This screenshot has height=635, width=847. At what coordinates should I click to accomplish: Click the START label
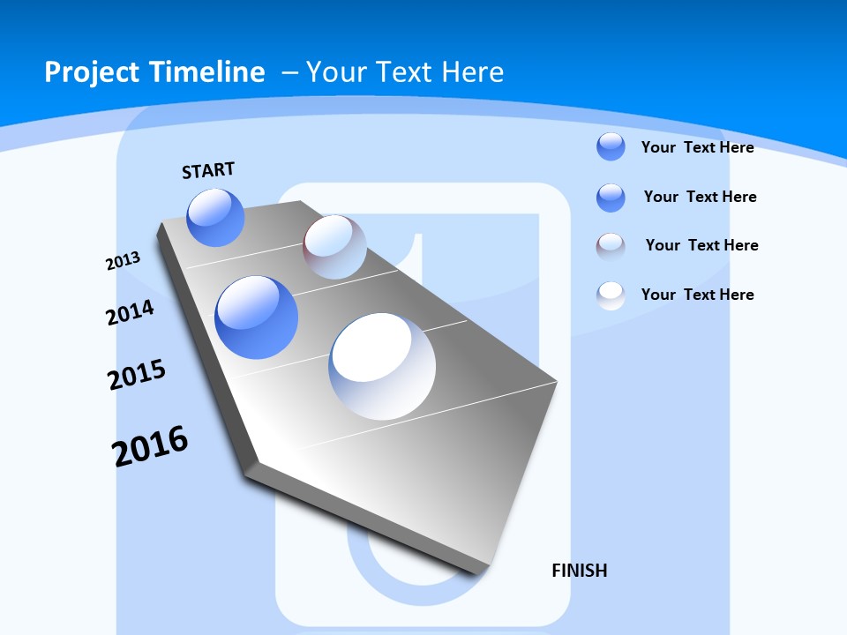tap(208, 170)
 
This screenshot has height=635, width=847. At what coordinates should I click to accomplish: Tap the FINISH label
tap(579, 571)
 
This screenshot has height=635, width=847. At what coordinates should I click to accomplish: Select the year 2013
tap(123, 261)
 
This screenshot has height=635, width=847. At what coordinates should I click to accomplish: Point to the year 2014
tap(130, 313)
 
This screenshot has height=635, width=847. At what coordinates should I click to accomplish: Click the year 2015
tap(136, 375)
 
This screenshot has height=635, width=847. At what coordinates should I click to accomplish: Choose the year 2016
tap(150, 446)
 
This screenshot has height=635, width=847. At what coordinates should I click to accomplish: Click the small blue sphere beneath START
tap(215, 217)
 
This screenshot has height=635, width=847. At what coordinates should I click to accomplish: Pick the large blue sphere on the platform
tap(256, 317)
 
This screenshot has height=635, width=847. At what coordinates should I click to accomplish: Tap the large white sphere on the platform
tap(381, 366)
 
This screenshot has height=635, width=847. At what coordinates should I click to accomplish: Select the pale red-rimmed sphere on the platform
tap(334, 247)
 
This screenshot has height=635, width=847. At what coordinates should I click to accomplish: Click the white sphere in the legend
tap(611, 295)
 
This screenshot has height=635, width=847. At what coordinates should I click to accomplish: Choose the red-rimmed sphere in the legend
tap(611, 246)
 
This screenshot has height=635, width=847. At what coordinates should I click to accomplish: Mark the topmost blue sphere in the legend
tap(611, 146)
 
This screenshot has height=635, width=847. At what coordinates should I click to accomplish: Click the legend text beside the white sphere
tap(697, 295)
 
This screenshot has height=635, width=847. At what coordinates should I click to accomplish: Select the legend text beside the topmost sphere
tap(697, 147)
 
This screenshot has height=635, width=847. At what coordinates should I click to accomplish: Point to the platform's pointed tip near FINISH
tap(481, 571)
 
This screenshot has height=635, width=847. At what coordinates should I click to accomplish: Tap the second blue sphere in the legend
tap(611, 198)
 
